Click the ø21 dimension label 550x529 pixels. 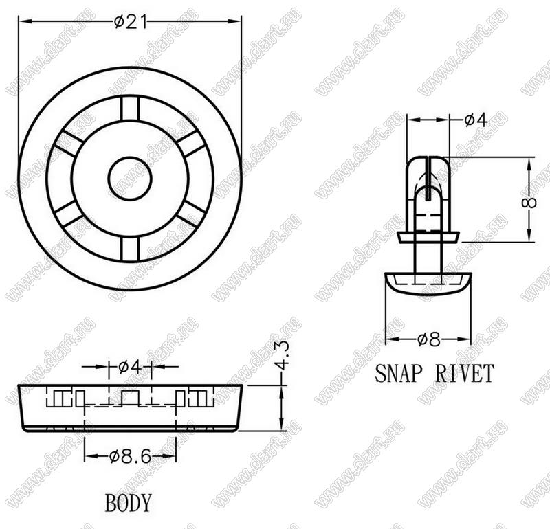pos(130,23)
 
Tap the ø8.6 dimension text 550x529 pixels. pos(130,456)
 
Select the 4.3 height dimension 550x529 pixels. pos(282,355)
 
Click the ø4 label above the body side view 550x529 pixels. pos(130,367)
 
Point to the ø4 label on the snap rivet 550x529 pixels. pos(476,120)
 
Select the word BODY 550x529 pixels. pos(129,503)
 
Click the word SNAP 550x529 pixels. pos(397,373)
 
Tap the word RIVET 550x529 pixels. pos(465,373)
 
